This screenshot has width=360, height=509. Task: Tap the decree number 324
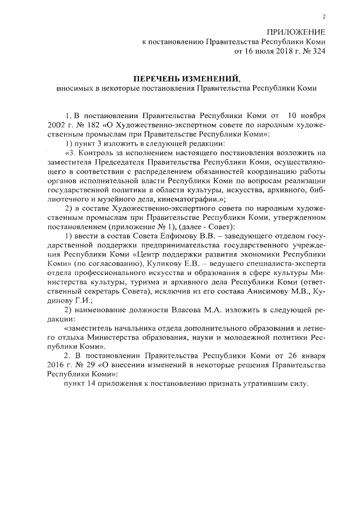318,52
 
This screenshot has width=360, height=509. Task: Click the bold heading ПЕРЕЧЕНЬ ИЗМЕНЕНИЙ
186,78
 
